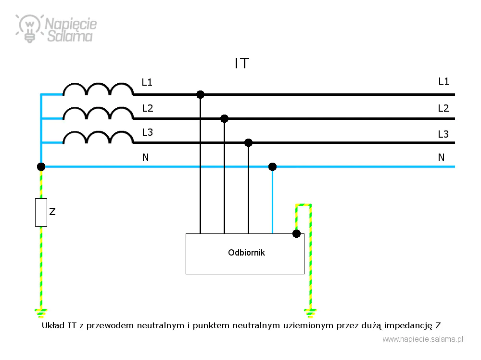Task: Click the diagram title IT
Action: tap(242, 64)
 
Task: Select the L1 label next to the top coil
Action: tap(147, 82)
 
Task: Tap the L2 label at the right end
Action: tap(443, 108)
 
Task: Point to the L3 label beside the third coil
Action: tap(147, 132)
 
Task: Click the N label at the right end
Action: tap(441, 157)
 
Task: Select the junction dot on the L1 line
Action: tap(200, 94)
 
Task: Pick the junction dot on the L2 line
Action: tap(224, 118)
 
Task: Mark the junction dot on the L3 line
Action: tap(249, 143)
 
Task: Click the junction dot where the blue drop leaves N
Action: tap(272, 167)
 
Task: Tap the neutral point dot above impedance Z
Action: tap(41, 167)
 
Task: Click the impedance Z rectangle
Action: tap(41, 212)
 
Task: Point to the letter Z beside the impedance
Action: tap(52, 212)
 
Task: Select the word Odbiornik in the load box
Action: tap(246, 253)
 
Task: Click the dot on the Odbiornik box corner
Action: tap(296, 234)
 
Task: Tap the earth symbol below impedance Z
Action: tap(41, 313)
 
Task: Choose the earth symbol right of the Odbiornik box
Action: tap(310, 313)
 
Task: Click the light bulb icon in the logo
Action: tap(29, 28)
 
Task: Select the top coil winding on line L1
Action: tap(98, 89)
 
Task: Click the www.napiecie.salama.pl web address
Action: tap(423, 339)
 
